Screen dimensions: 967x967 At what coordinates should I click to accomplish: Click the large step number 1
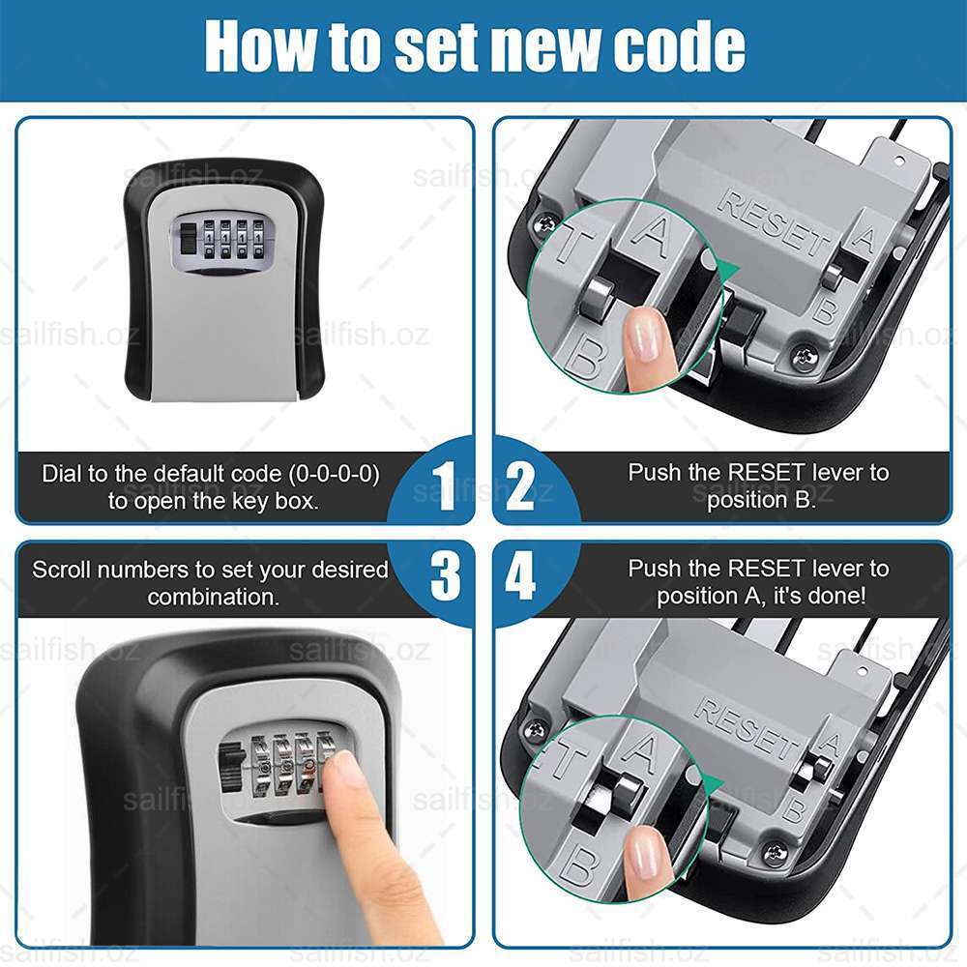pyautogui.click(x=444, y=486)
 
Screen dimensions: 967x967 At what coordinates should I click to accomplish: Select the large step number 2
pyautogui.click(x=521, y=486)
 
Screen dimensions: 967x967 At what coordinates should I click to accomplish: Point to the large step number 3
pyautogui.click(x=445, y=576)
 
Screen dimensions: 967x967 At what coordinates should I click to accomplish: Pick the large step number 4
pyautogui.click(x=520, y=576)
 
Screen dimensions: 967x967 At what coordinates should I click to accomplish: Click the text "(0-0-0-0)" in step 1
pyautogui.click(x=334, y=474)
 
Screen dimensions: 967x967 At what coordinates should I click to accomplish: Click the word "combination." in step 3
pyautogui.click(x=214, y=597)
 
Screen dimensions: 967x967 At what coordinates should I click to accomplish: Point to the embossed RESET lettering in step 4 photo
pyautogui.click(x=748, y=729)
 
